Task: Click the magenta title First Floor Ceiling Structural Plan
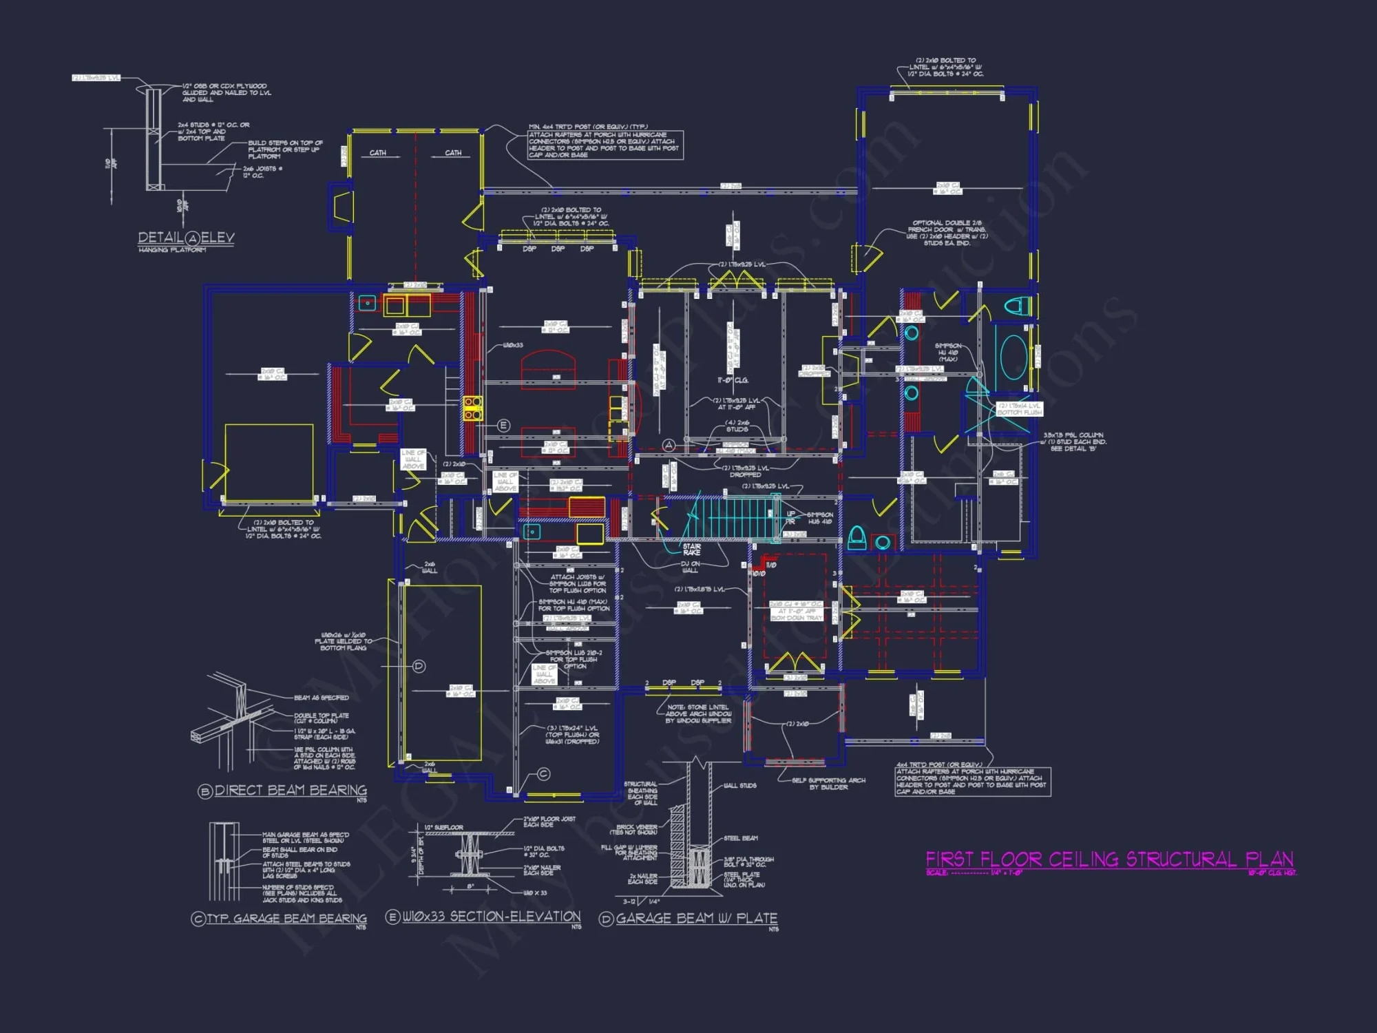pos(1109,859)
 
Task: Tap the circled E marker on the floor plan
pos(503,426)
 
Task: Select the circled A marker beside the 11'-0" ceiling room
pos(668,446)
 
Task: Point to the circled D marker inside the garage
pos(419,666)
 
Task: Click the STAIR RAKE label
pos(691,549)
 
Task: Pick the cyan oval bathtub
pos(1013,357)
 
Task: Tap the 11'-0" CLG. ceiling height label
pos(733,380)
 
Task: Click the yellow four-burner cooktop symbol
pos(472,408)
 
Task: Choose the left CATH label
pos(377,153)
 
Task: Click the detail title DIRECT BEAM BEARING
pos(290,791)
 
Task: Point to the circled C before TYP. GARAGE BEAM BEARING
pos(198,919)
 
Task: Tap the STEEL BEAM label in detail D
pos(740,838)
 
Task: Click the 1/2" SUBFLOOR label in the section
pos(443,827)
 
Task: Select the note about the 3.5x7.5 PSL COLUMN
pos(1073,441)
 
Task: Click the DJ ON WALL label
pos(689,567)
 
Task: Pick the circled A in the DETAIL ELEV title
pos(193,238)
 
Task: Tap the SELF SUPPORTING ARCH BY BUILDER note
pos(828,784)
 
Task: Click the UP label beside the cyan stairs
pos(790,514)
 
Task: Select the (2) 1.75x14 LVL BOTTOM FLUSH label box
pos(1019,409)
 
